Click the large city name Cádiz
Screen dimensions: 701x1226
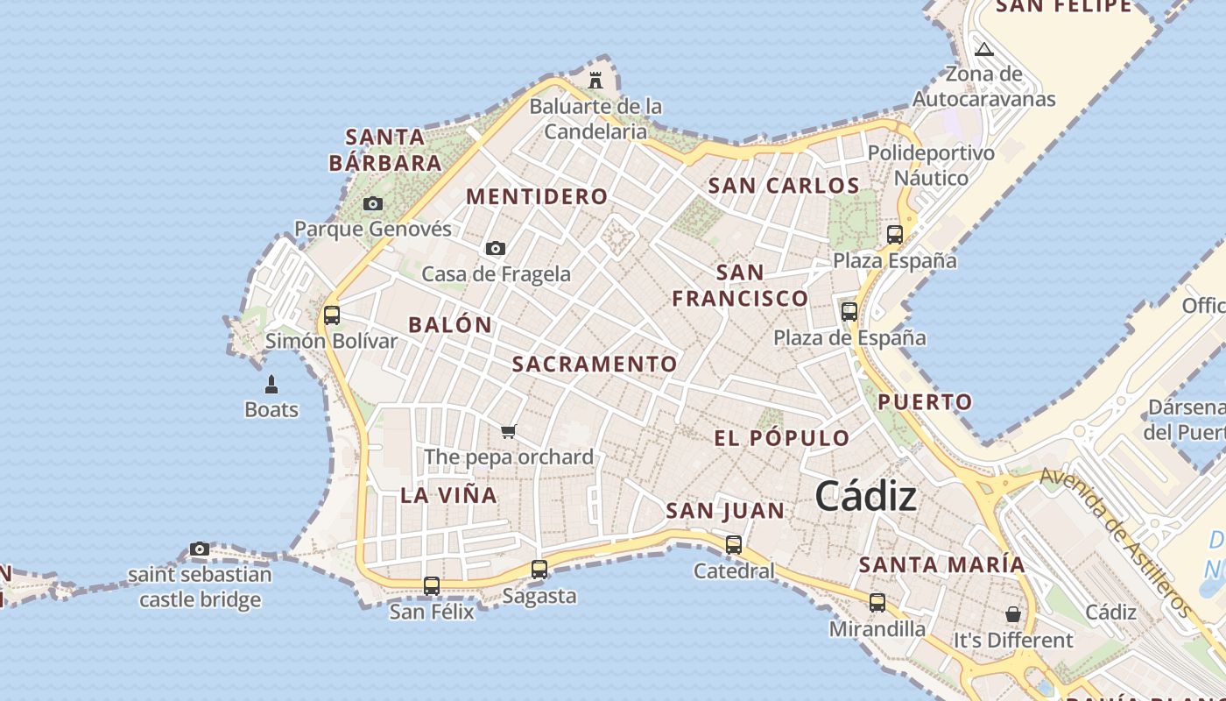point(866,497)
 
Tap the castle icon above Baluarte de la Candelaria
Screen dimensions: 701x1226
point(595,80)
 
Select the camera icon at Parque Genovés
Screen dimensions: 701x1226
point(373,203)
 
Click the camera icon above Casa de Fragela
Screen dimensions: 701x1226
point(496,248)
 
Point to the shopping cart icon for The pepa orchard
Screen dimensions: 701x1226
point(508,431)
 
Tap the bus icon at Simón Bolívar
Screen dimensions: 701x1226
point(332,315)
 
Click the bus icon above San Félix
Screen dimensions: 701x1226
point(432,585)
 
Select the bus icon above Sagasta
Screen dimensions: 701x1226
point(539,569)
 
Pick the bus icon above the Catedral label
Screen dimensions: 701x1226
point(734,544)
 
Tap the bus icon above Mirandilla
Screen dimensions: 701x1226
point(877,602)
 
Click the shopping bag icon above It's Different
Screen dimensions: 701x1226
point(1013,613)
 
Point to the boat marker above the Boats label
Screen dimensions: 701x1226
point(271,384)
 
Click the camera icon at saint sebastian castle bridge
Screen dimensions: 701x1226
point(200,549)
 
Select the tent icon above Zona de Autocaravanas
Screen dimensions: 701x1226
point(983,49)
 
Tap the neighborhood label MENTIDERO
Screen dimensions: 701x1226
point(537,196)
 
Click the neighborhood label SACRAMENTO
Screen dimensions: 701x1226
point(595,364)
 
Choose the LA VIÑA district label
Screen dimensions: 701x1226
point(448,495)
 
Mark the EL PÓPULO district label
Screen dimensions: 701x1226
point(782,438)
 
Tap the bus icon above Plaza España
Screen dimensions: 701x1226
point(894,234)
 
